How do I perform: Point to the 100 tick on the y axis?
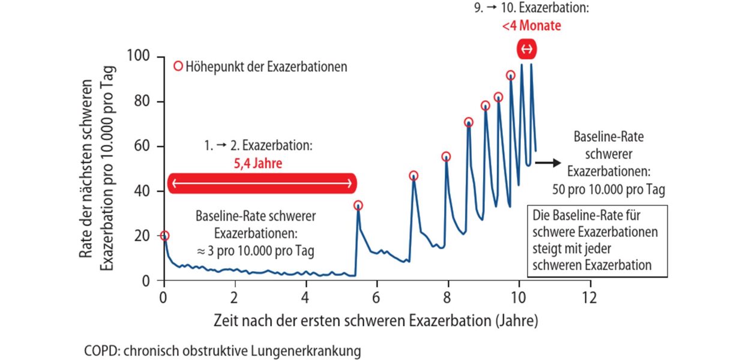(140, 58)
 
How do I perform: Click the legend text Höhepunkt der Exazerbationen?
(266, 67)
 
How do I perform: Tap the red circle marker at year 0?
(164, 236)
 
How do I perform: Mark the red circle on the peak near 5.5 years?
(358, 205)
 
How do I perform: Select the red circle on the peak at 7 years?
(414, 176)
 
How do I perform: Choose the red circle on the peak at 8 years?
(446, 157)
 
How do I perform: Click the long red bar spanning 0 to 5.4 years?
(262, 183)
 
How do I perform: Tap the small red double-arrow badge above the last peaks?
(526, 49)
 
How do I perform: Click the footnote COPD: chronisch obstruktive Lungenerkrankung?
(222, 350)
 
